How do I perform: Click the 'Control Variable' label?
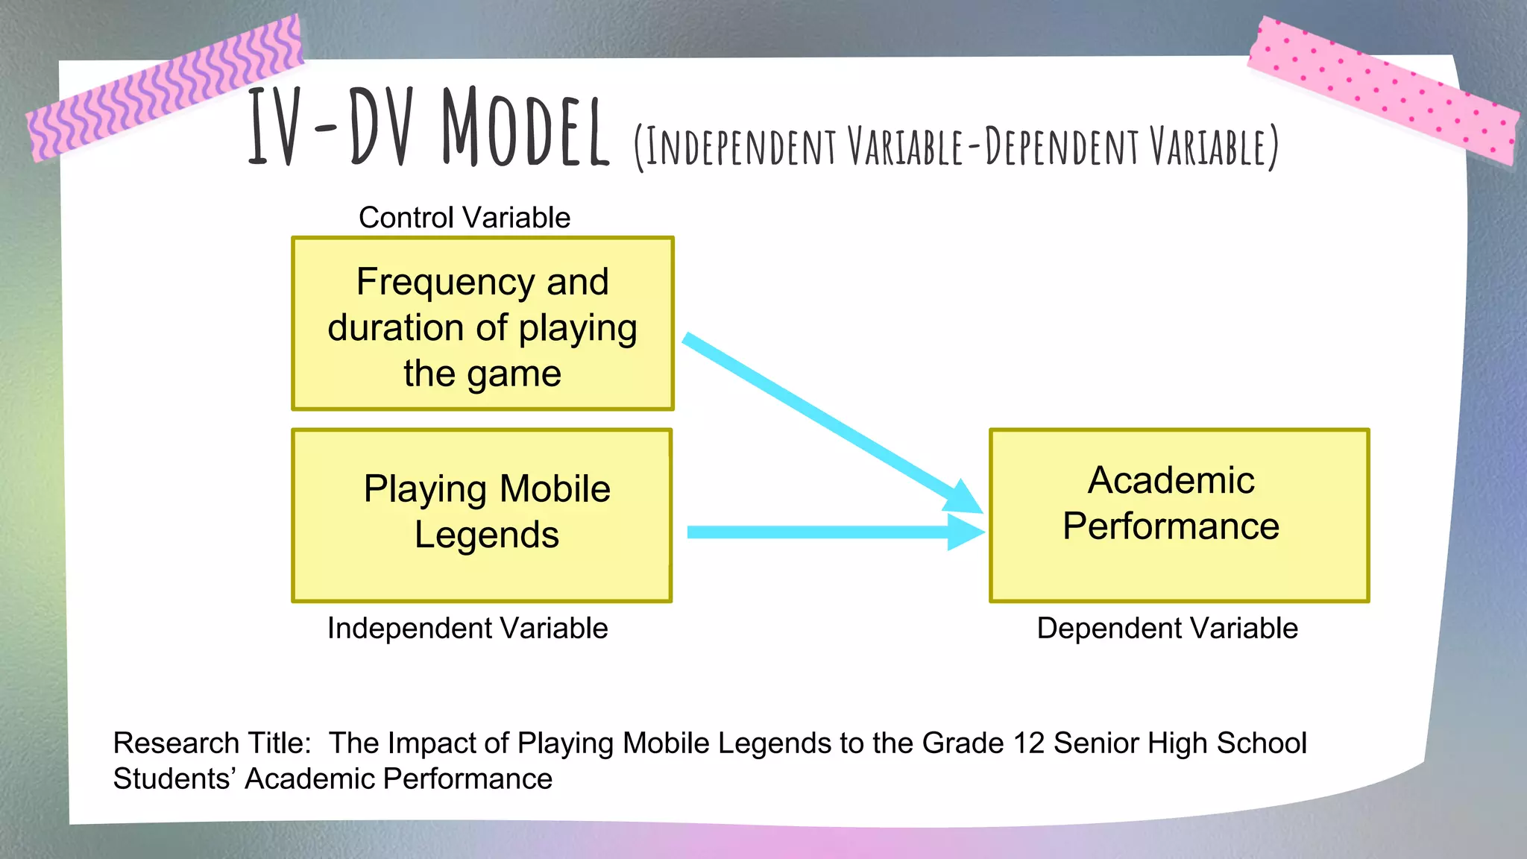[x=464, y=218]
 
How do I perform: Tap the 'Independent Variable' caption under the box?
[x=467, y=628]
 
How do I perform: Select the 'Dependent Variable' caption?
[x=1167, y=628]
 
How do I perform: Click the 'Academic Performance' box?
[x=1179, y=515]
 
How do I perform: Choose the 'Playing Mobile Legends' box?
[x=482, y=515]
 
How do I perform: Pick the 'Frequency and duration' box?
[x=482, y=324]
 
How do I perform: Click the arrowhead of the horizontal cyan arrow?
[x=966, y=532]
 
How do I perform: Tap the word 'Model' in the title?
[x=525, y=127]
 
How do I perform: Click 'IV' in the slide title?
[x=274, y=127]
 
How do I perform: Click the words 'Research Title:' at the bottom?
[x=212, y=743]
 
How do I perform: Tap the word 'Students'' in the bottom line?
[x=174, y=778]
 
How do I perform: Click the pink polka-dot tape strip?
[x=1383, y=89]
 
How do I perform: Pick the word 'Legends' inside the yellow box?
[x=486, y=535]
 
